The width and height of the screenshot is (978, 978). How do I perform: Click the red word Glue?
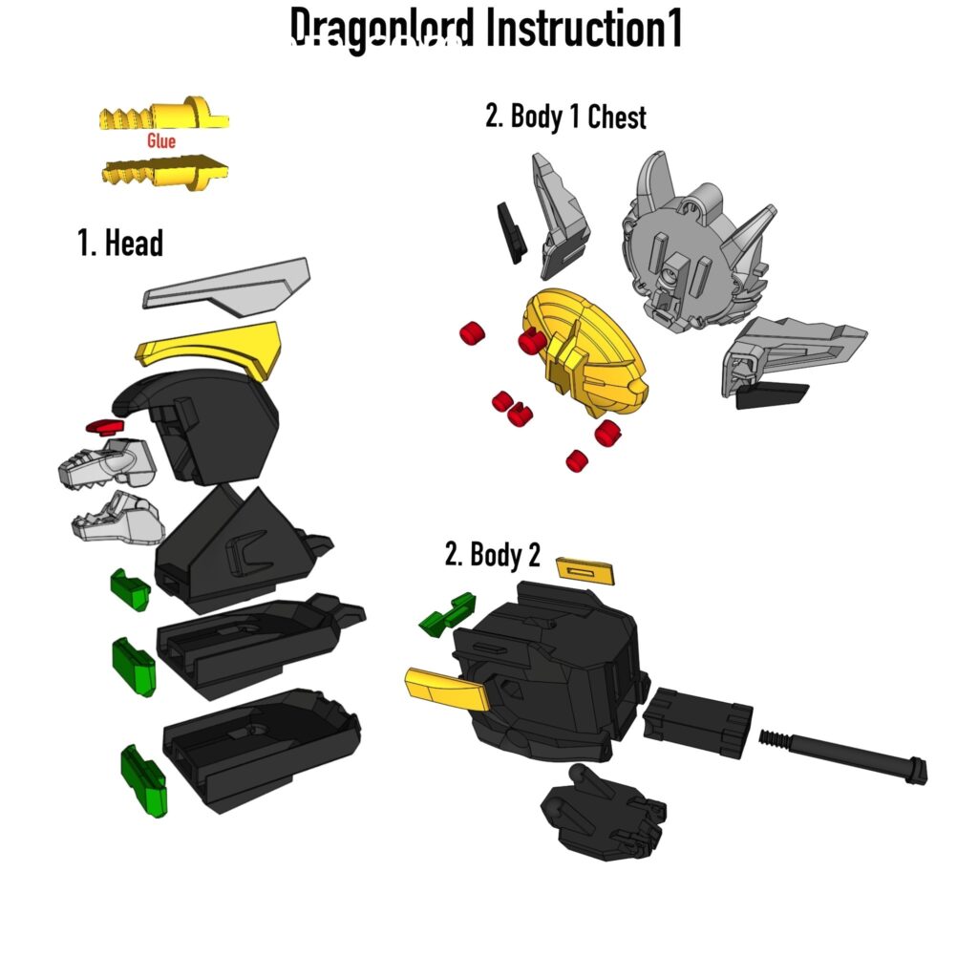[x=161, y=141]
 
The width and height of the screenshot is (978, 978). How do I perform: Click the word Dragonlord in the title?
[x=381, y=29]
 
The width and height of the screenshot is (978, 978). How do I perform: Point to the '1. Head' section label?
[x=120, y=244]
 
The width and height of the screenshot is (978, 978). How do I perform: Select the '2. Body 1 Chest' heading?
[x=565, y=117]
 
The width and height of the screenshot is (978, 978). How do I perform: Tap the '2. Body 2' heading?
[x=492, y=555]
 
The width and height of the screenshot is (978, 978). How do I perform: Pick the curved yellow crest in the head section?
[x=212, y=348]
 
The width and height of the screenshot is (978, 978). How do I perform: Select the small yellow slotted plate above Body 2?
[x=584, y=570]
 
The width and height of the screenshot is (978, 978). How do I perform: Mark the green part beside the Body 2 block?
[x=447, y=614]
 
